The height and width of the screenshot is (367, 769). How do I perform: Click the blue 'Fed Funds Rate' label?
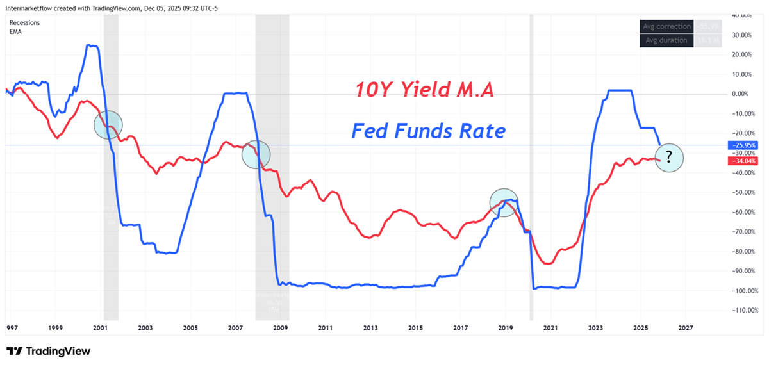(x=428, y=131)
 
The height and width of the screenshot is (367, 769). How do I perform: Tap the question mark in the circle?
(x=669, y=157)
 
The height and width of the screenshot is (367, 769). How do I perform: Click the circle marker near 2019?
(x=504, y=202)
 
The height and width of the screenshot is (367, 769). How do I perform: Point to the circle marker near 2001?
(x=108, y=124)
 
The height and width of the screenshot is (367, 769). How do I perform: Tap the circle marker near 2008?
(x=256, y=154)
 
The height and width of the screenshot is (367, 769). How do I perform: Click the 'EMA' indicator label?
(x=17, y=31)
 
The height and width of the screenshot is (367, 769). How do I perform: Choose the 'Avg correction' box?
(x=667, y=27)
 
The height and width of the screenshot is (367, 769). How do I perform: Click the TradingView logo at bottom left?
(x=48, y=351)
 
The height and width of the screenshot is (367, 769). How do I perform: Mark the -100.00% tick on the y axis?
(x=742, y=291)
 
